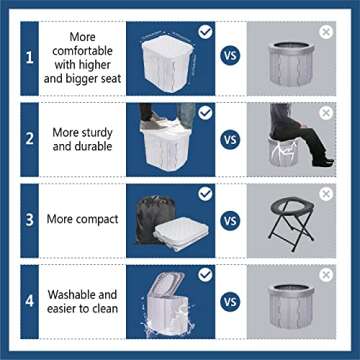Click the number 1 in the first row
(x=30, y=58)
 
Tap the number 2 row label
(x=30, y=138)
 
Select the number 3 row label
(x=30, y=218)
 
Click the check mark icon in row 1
(x=206, y=31)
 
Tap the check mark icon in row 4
(x=206, y=273)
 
